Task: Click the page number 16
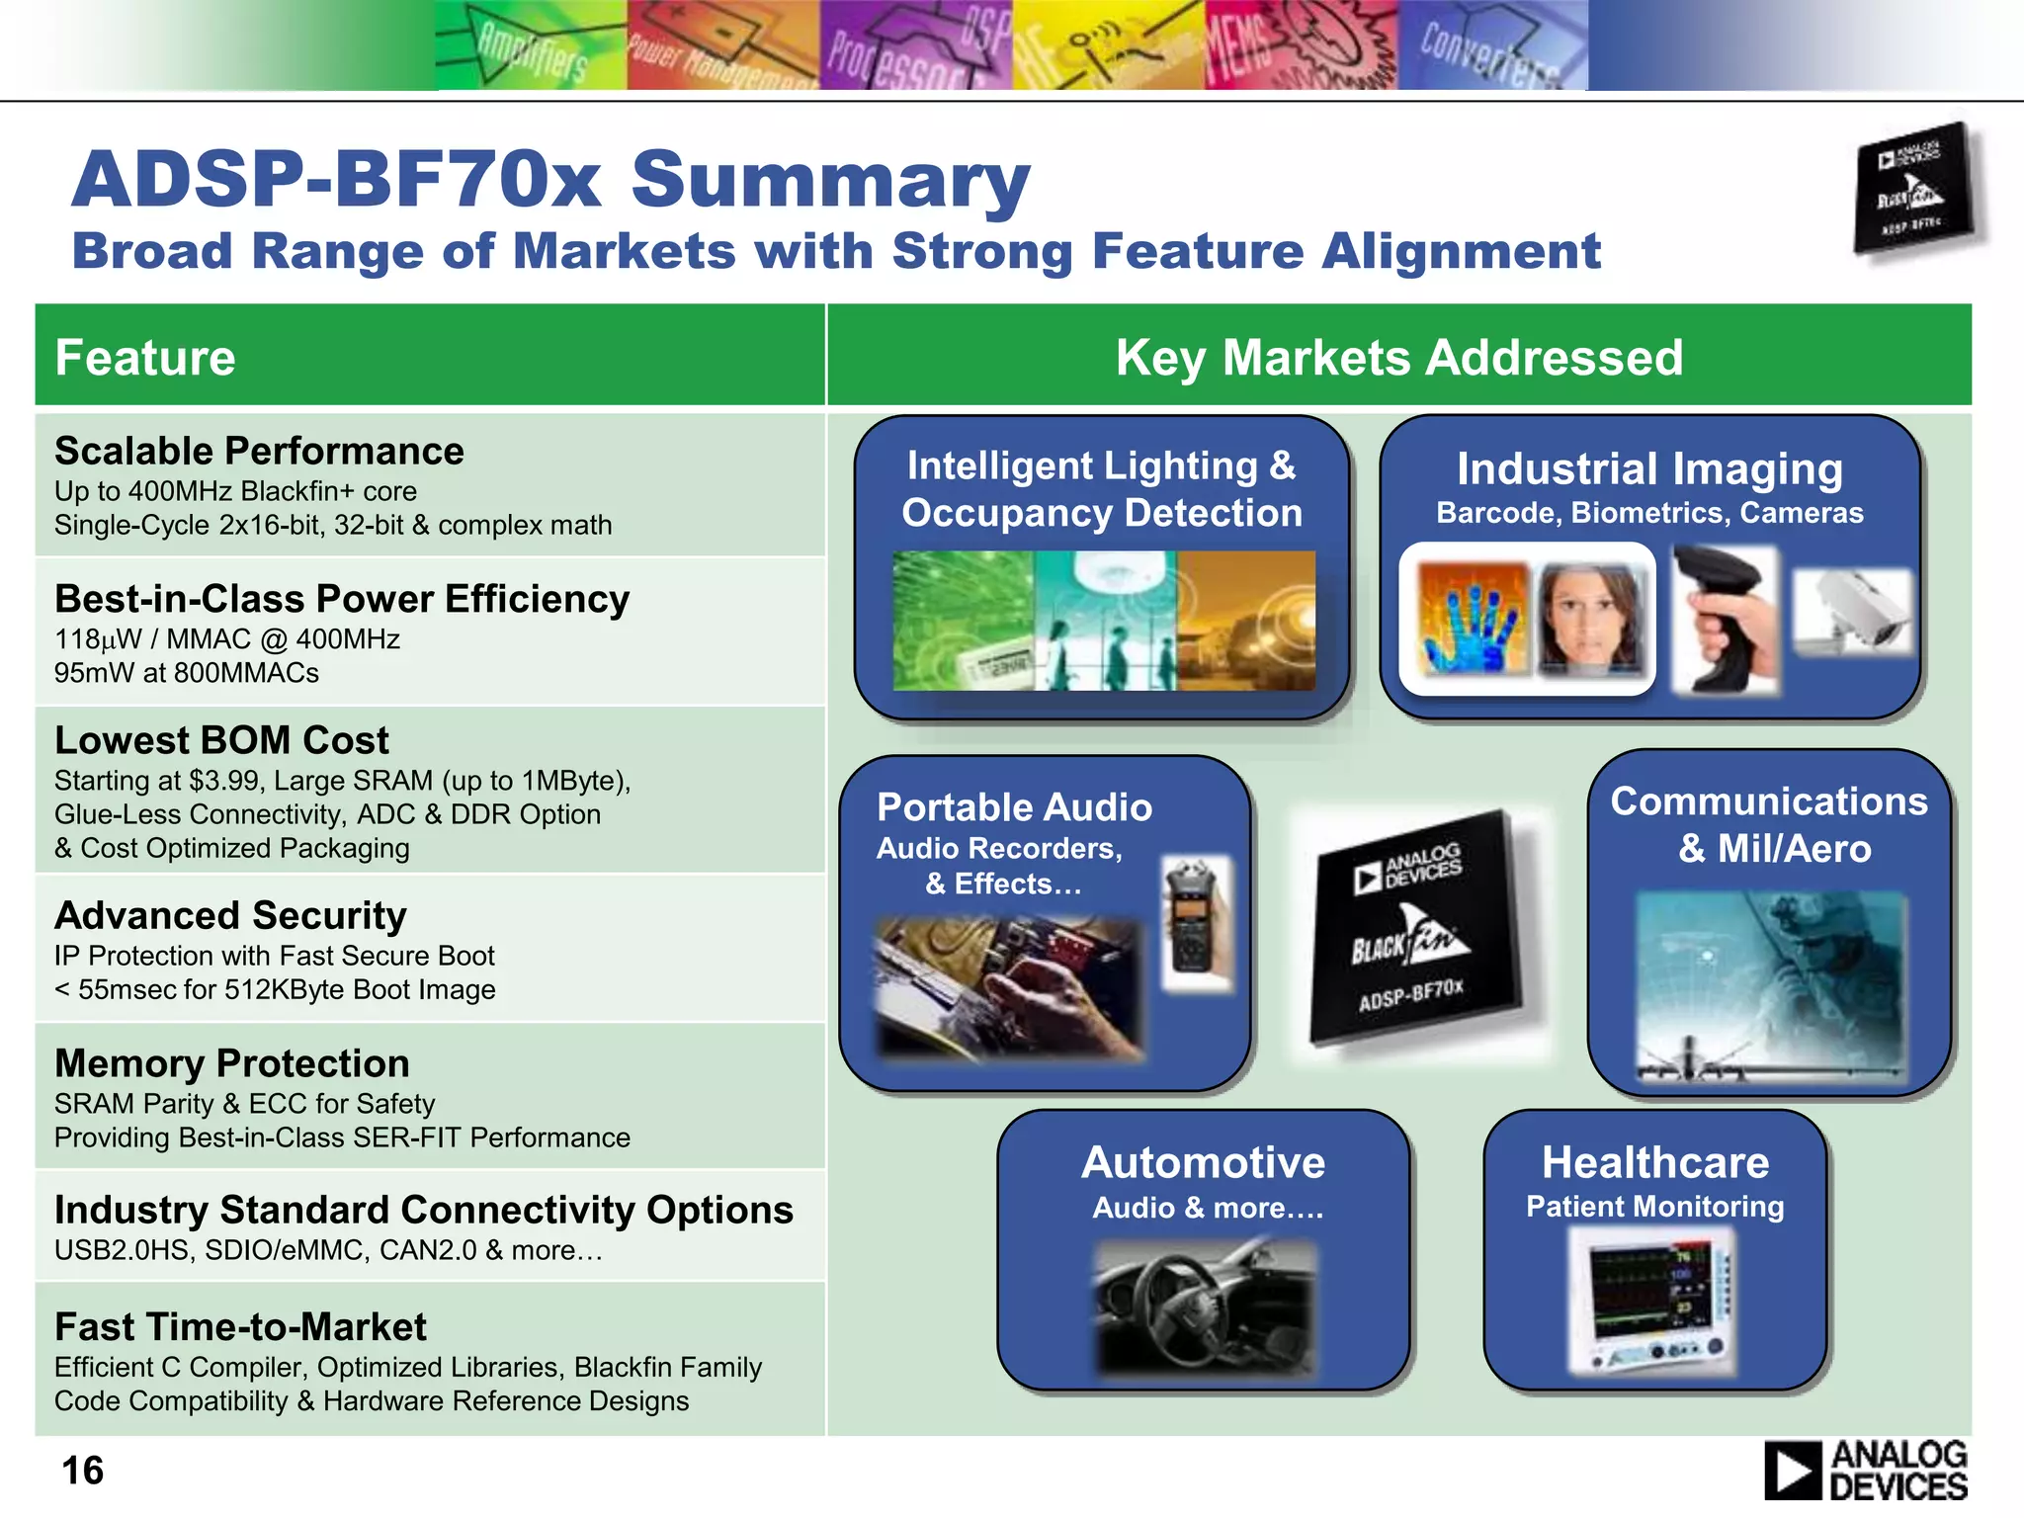click(83, 1471)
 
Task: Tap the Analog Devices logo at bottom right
click(1866, 1471)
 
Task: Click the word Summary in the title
click(830, 180)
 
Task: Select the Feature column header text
click(145, 357)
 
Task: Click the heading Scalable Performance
click(259, 451)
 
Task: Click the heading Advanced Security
click(230, 915)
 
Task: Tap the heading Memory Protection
click(232, 1063)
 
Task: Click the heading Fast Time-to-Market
click(240, 1326)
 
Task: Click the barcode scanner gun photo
click(1725, 621)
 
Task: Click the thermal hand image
click(1473, 620)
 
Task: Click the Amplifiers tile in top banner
click(532, 46)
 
